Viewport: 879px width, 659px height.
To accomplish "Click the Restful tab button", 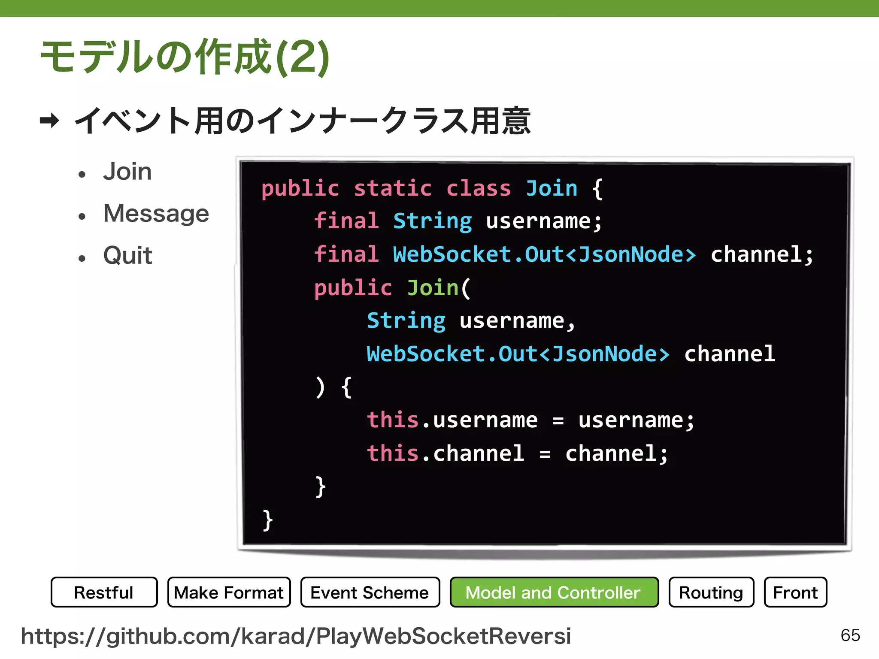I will [104, 592].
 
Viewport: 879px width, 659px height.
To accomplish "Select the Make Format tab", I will [229, 592].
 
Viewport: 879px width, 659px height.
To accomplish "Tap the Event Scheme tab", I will [370, 592].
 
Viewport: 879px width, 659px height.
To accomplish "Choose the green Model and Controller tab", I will [554, 592].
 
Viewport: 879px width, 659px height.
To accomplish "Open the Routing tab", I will [711, 592].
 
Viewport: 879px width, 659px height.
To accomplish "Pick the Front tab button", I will [795, 592].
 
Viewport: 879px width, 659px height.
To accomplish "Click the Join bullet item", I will [127, 172].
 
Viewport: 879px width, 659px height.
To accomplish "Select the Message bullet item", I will [156, 213].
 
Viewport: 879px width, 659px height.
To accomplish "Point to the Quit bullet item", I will [128, 255].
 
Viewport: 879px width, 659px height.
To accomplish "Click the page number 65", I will [850, 635].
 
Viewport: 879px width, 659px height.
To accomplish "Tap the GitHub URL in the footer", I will [296, 636].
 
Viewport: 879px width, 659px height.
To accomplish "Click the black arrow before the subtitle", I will [49, 121].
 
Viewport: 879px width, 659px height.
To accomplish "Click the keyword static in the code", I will [393, 188].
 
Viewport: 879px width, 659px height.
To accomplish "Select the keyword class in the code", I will [479, 188].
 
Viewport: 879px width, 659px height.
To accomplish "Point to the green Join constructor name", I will [433, 287].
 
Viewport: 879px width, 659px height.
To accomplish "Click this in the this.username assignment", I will [393, 420].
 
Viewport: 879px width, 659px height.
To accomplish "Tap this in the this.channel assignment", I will [393, 453].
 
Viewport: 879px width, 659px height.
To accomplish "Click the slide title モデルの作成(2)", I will [185, 57].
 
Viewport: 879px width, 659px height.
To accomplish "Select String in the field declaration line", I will [432, 221].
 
